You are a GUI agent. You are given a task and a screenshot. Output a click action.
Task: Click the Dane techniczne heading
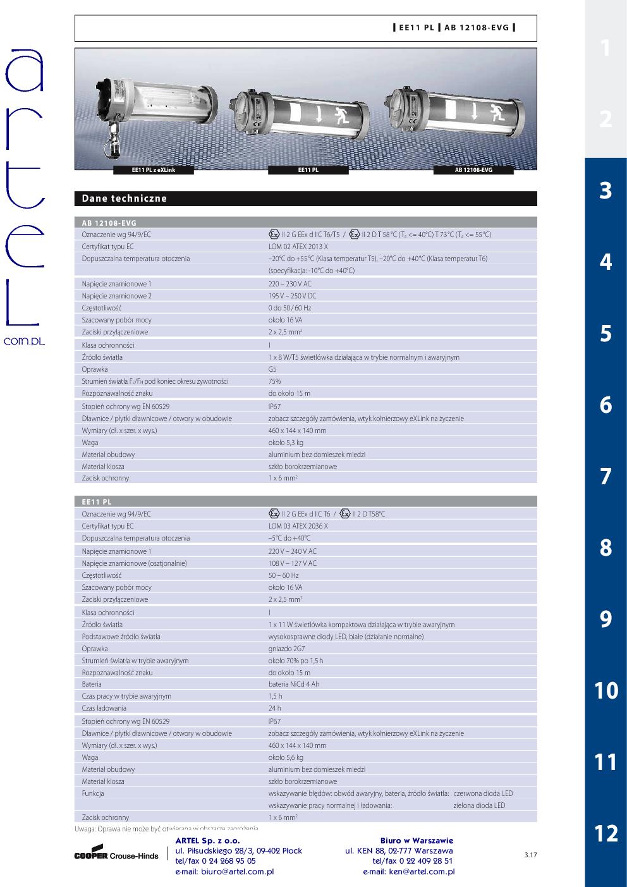click(x=125, y=199)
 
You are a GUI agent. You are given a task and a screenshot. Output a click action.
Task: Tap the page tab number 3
click(x=606, y=190)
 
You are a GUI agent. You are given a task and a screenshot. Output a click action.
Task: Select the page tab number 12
click(x=606, y=833)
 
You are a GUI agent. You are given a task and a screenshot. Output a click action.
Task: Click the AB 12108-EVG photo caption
click(x=473, y=170)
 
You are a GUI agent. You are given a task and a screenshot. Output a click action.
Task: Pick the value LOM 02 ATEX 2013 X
click(x=298, y=247)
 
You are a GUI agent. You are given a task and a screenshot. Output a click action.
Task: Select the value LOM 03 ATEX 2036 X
click(x=298, y=526)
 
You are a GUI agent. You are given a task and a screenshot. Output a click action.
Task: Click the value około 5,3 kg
click(x=286, y=443)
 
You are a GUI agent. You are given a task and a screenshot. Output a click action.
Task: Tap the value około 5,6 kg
click(x=286, y=757)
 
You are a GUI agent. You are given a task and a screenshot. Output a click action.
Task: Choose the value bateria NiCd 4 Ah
click(x=294, y=684)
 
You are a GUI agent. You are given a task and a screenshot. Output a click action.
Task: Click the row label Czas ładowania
click(x=104, y=708)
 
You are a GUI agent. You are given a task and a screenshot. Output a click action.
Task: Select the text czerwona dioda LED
click(x=483, y=793)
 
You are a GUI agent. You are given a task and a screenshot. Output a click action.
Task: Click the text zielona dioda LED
click(x=479, y=805)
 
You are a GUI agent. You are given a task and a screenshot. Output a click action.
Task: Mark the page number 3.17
click(x=530, y=855)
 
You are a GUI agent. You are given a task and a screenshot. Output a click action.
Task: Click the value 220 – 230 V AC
click(x=290, y=284)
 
